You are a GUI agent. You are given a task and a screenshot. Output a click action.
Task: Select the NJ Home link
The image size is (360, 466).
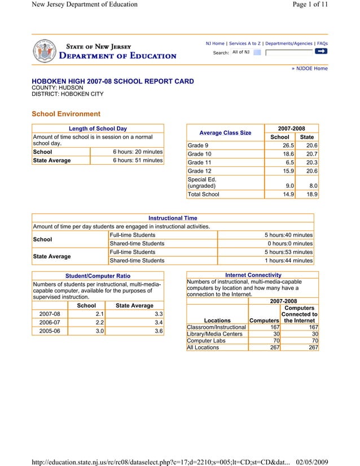pos(215,43)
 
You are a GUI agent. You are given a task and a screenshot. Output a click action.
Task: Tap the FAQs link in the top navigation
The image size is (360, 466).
pos(322,43)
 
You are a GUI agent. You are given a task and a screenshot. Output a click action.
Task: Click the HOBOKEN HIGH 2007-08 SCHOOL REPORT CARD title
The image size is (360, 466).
pos(113,82)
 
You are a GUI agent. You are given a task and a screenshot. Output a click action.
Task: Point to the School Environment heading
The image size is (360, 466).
pos(66,114)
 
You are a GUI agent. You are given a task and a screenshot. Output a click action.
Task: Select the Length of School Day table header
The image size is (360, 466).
pos(98,129)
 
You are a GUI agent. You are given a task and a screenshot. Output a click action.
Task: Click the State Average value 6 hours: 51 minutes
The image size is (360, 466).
pos(137,160)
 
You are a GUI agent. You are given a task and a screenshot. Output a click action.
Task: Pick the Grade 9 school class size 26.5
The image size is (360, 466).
pos(287,146)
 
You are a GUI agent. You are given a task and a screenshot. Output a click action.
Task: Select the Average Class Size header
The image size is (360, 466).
pos(226,133)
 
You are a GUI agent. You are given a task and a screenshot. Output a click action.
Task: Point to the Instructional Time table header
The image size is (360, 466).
pos(173,218)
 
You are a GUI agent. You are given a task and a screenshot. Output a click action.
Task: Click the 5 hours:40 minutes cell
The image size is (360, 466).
pos(288,235)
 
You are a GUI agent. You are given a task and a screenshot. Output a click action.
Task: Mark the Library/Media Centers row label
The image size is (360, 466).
pos(214,334)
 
